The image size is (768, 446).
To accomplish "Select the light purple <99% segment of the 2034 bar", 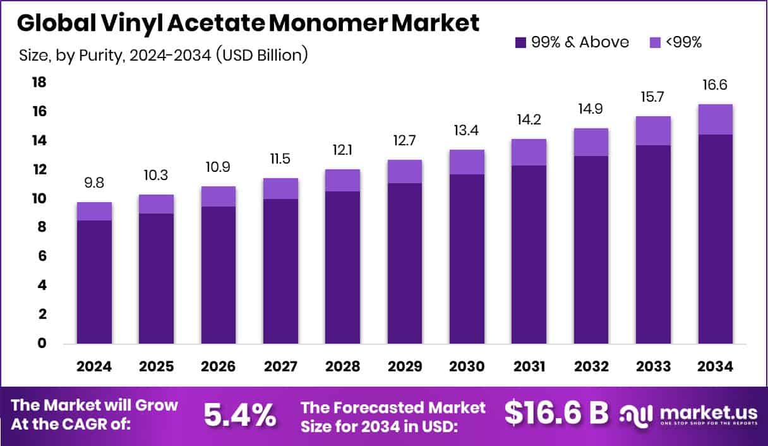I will coord(716,119).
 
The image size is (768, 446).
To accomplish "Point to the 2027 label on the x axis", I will coord(280,367).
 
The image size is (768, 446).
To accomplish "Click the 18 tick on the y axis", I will coord(40,82).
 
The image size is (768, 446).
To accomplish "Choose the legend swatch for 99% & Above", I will coord(521,42).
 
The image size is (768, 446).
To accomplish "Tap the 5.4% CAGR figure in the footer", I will coord(240,415).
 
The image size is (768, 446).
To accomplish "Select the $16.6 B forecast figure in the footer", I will coord(556,413).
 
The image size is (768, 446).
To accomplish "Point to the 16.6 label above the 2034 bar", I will coord(716,86).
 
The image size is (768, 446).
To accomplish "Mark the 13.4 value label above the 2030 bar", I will coord(467,131).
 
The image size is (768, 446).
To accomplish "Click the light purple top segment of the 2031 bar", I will coord(529,152).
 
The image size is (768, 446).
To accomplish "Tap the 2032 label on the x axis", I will coord(591,367).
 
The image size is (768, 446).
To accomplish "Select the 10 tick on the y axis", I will coord(40,198).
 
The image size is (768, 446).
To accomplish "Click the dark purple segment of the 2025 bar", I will coord(156,279).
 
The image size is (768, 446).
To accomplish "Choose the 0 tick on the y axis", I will coord(42,344).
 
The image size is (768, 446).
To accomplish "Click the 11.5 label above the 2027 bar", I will coord(280,160).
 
